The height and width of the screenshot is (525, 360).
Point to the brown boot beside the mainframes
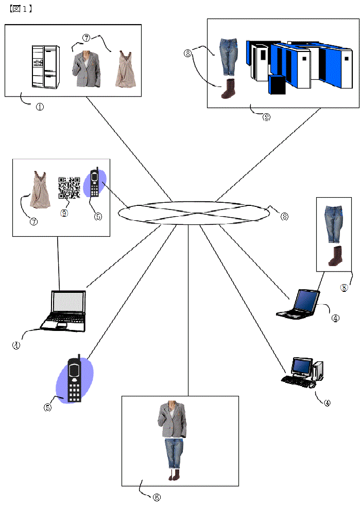[x=227, y=89]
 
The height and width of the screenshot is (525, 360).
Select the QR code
[x=68, y=188]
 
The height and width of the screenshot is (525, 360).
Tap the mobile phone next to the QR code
[x=95, y=183]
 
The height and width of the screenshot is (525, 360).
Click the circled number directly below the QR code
[x=64, y=213]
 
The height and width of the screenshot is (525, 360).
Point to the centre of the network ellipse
[x=195, y=212]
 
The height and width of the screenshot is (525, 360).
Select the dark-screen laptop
[x=299, y=304]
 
